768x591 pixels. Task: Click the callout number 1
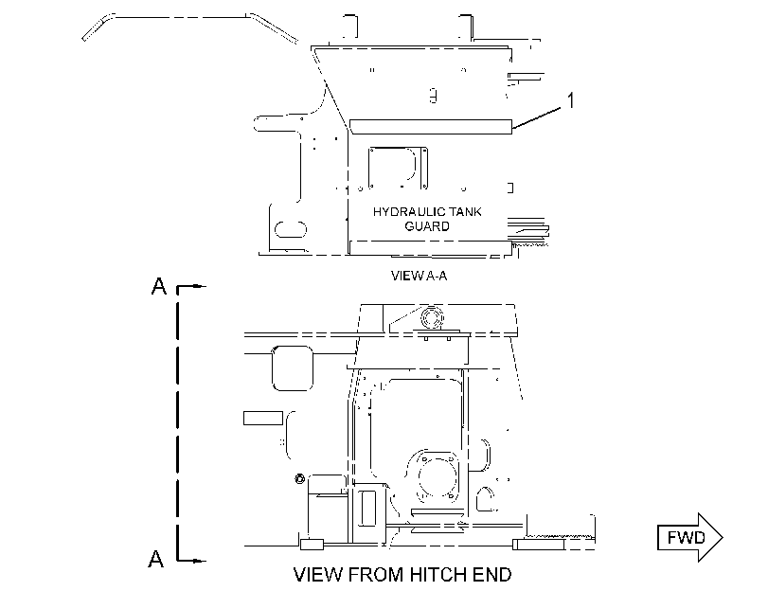[570, 100]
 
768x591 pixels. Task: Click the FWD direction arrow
[689, 537]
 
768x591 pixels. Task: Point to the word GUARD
[427, 226]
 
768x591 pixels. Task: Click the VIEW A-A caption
[420, 276]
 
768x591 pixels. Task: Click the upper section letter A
[159, 287]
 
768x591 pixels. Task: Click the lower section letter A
[155, 559]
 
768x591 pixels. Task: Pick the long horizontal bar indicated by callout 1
[431, 126]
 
